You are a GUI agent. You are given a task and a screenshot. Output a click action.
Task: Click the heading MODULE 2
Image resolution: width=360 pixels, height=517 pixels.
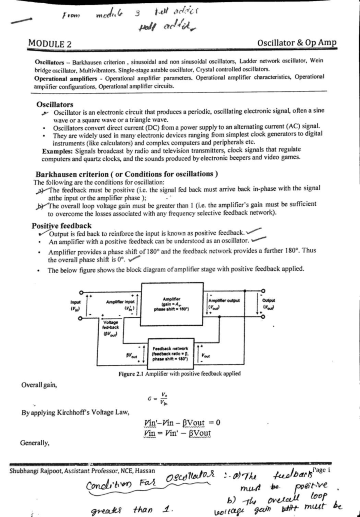50,44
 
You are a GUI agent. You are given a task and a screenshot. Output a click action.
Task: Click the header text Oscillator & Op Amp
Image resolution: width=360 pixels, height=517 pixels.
297,43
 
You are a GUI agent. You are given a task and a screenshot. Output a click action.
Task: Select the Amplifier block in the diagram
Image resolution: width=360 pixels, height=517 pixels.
171,304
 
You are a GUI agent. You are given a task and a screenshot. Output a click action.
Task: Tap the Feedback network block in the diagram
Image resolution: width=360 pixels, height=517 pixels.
170,354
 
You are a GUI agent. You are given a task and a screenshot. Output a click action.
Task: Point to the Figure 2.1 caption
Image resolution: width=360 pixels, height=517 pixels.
179,374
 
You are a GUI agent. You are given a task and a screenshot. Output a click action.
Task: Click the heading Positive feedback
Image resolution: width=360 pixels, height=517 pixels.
61,226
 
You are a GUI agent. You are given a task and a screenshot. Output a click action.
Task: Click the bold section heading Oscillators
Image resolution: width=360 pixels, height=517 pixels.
55,104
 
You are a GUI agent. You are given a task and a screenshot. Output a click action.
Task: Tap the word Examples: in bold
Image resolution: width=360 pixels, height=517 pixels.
58,151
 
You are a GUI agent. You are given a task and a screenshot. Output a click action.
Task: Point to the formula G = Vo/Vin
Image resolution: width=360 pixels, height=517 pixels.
158,399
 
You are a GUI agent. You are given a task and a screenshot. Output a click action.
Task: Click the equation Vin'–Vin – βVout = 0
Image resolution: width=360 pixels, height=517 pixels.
182,423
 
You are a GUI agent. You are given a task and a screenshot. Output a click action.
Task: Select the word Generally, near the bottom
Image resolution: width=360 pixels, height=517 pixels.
34,443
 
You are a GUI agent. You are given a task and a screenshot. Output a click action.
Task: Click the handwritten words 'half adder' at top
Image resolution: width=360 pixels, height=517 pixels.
166,28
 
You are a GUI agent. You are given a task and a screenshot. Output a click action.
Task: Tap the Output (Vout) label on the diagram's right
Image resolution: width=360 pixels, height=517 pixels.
268,304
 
